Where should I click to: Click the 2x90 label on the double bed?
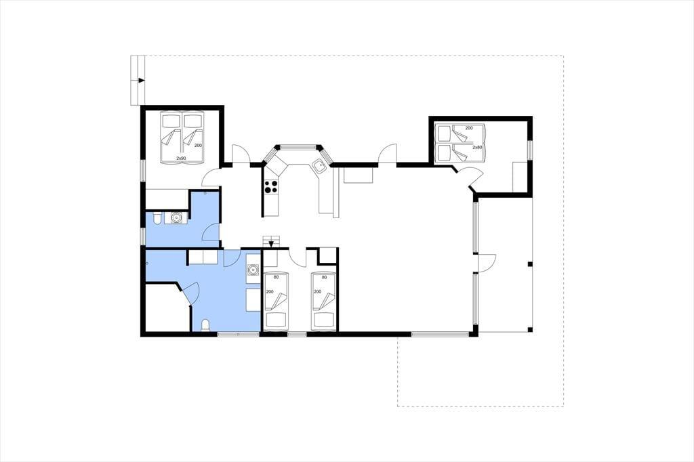181,158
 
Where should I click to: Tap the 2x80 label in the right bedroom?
477,148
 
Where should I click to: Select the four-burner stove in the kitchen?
271,187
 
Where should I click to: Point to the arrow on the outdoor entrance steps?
141,81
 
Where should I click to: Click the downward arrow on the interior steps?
271,243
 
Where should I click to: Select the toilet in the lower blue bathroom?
205,325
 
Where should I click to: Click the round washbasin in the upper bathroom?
177,217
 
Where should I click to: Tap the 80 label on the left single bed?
277,278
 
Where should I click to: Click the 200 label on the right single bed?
317,291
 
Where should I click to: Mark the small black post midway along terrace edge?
530,265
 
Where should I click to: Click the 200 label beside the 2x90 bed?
198,146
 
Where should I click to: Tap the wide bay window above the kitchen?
299,146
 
